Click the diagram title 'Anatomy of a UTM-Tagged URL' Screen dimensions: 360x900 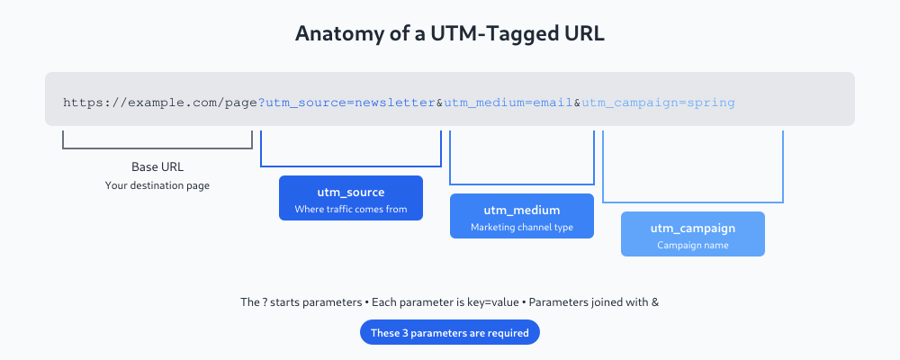450,34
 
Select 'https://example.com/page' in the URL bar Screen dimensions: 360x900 160,103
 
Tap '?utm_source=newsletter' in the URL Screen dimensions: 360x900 347,103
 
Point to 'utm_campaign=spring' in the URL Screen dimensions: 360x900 658,103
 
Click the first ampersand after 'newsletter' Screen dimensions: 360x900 440,103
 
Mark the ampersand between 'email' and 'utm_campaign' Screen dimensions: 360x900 577,103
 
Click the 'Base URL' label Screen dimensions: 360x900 157,167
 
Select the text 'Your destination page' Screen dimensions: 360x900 157,185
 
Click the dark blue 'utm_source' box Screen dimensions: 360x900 351,198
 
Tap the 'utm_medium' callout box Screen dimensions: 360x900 522,216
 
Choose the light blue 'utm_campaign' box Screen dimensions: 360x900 693,234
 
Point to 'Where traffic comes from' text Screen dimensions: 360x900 351,210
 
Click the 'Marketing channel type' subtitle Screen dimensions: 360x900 522,228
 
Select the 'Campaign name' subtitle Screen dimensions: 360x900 693,246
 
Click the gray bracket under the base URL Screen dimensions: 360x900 157,148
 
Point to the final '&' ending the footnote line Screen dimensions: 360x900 654,303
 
